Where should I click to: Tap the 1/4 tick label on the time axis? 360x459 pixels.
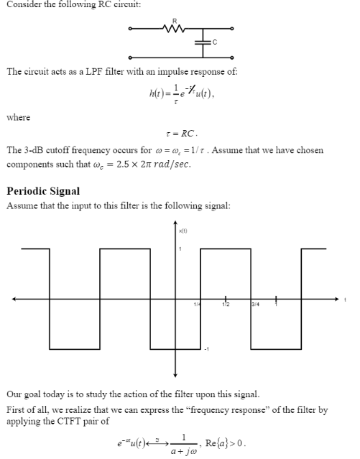[x=196, y=305]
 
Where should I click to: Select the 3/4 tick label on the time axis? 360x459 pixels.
[x=255, y=305]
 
